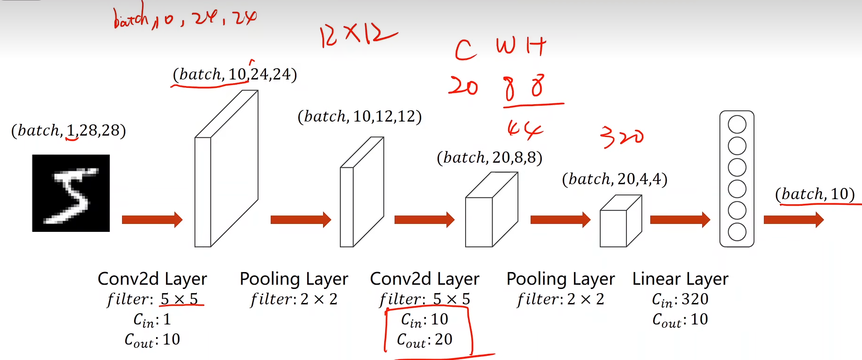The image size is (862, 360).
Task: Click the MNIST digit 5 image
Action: tap(71, 193)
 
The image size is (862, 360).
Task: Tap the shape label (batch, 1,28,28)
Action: tap(69, 130)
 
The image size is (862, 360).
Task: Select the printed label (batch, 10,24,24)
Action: tap(235, 74)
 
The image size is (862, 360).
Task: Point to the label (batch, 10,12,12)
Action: tap(359, 116)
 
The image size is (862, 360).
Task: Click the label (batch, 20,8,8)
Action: tap(489, 158)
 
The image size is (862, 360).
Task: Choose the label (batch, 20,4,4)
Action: tap(614, 179)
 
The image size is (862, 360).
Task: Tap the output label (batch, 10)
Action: tap(815, 194)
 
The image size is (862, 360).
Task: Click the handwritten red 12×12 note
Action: tap(358, 35)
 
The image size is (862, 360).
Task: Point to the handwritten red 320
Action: tap(622, 137)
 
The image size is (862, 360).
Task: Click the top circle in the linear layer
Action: tap(737, 125)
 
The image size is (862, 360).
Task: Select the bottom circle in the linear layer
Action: tap(737, 232)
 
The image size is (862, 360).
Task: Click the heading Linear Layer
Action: tap(680, 279)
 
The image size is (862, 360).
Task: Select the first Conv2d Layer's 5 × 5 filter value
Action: tap(180, 299)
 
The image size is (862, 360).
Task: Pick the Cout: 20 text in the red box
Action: tap(424, 340)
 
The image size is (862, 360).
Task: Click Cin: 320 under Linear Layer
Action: tap(680, 300)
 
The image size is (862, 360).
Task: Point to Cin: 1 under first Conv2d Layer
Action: tap(152, 320)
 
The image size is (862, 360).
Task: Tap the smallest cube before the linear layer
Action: tap(620, 222)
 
